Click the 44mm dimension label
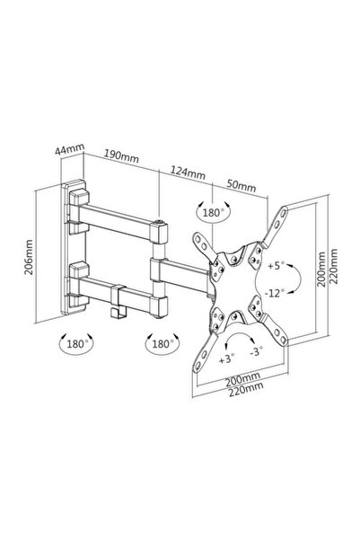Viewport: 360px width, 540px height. pos(69,149)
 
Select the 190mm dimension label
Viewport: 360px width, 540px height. pos(121,156)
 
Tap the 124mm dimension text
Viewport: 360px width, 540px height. pos(188,172)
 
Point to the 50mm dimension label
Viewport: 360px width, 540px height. pos(241,186)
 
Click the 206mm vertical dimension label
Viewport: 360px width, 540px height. pos(29,257)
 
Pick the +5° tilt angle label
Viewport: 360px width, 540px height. pos(277,266)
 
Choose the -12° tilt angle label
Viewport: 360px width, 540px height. pos(275,293)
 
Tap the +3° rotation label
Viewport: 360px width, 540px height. pos(227,359)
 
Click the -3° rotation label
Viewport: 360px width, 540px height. pos(256,351)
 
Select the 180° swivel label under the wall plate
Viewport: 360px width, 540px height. pos(75,344)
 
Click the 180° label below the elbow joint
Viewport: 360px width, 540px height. pos(161,344)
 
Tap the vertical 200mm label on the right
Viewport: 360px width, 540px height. pos(321,269)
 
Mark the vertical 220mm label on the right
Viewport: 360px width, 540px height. pos(333,266)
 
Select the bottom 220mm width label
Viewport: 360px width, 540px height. pos(246,389)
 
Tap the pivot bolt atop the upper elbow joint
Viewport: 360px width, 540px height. pos(159,222)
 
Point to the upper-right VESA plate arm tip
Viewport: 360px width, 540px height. pos(284,211)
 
